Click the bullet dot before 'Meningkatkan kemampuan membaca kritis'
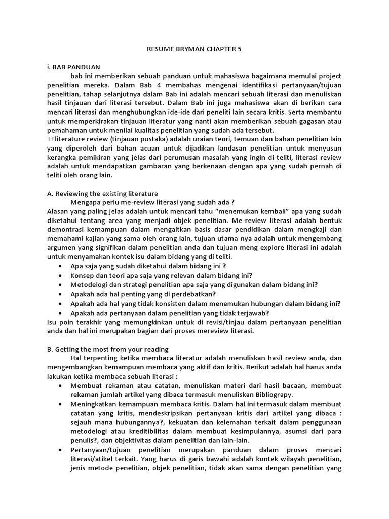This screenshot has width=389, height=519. tap(61, 405)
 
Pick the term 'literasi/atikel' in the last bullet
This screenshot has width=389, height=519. tap(95, 460)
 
